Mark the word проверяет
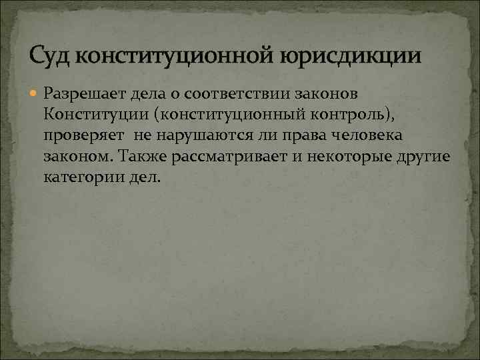83,135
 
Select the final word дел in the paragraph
145,179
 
